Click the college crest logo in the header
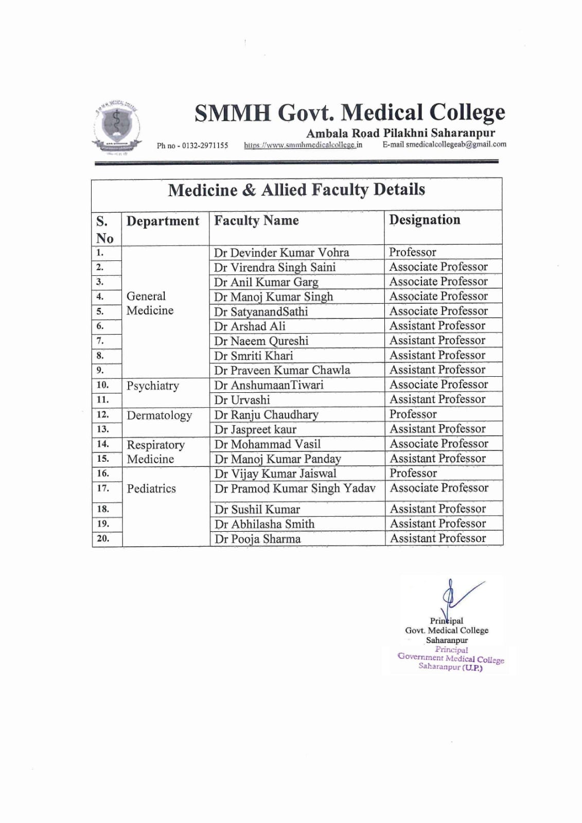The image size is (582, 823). [x=117, y=125]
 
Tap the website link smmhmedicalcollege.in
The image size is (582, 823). [x=303, y=145]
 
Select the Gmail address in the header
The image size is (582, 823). [x=456, y=145]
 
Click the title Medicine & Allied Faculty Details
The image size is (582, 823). [x=296, y=190]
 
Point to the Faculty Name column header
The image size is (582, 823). [x=256, y=221]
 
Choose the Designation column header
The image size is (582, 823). [x=425, y=220]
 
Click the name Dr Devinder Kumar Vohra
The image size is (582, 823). [x=281, y=253]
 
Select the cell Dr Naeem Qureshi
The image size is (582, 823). [x=261, y=341]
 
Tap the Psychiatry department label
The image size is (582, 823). [x=153, y=386]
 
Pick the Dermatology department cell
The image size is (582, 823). [x=159, y=415]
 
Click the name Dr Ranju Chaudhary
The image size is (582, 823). [x=266, y=415]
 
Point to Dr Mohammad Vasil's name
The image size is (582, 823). [x=268, y=444]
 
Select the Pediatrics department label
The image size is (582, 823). [x=151, y=488]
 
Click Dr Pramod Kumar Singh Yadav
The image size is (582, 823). [x=295, y=488]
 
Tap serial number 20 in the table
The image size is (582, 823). [x=103, y=538]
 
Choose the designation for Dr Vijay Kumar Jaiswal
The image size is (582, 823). [x=413, y=473]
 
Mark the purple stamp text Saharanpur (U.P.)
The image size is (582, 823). [x=450, y=667]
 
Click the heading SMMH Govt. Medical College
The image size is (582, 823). [x=350, y=113]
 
